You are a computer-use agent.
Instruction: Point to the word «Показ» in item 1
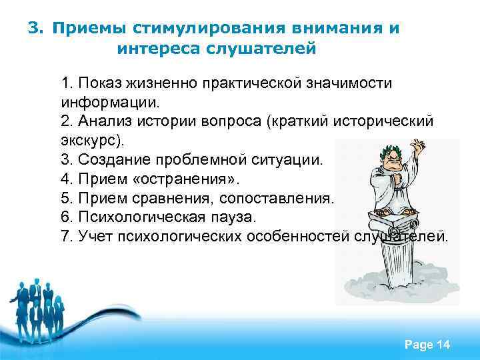(97, 85)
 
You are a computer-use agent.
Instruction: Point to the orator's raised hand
(418, 145)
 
